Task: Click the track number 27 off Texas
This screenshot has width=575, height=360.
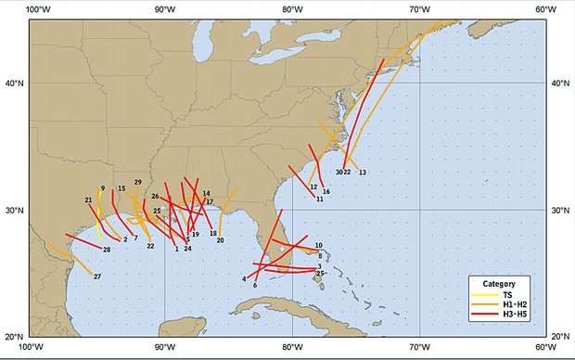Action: tap(96, 276)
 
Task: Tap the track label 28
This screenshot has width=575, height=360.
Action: tap(107, 250)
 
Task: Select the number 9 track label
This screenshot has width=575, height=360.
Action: tap(102, 188)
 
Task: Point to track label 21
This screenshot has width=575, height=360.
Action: tap(88, 200)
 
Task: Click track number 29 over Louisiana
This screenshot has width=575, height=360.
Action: tap(137, 182)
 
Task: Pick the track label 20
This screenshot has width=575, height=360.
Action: tap(220, 240)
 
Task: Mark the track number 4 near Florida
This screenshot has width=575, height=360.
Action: tap(244, 278)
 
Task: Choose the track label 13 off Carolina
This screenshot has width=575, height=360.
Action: tap(362, 173)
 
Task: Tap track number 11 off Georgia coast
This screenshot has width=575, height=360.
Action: tap(319, 199)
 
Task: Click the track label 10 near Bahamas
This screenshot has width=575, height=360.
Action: tap(318, 246)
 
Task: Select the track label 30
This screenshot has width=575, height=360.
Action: tap(339, 172)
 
